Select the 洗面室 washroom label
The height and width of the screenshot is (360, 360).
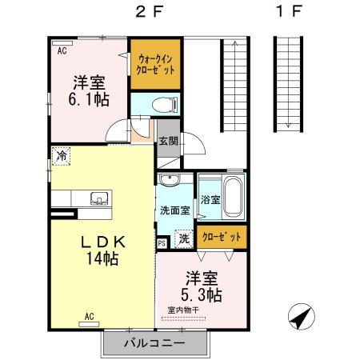tap(174, 212)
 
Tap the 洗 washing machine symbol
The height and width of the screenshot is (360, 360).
tap(183, 238)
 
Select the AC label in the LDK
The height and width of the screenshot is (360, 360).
tap(90, 317)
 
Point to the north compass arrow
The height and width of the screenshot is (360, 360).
tap(299, 318)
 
